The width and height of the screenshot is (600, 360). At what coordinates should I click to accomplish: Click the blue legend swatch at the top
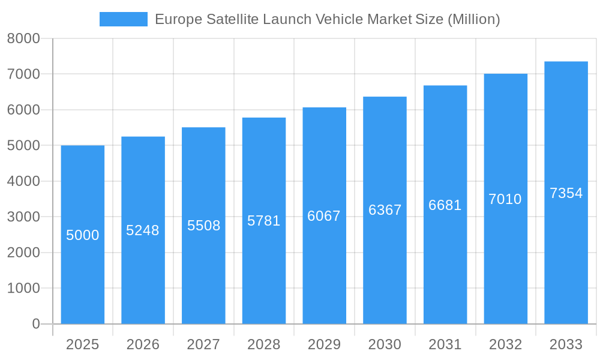123,19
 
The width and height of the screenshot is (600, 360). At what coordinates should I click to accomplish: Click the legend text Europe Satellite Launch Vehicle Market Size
327,19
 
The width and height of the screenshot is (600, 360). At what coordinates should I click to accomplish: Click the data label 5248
143,230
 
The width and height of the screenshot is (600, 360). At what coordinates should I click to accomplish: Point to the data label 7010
505,199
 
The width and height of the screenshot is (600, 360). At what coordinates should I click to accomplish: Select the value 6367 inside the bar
385,210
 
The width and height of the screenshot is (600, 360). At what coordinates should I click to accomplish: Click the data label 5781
263,221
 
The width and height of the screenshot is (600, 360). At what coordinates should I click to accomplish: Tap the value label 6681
445,205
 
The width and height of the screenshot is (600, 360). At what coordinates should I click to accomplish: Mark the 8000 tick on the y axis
23,38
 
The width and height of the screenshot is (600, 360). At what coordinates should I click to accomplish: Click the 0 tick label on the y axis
35,324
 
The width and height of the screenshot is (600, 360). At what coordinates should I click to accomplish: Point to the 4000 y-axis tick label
23,181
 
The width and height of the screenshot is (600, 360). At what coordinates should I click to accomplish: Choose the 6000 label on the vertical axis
23,110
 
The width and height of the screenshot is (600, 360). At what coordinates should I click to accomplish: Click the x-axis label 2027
203,344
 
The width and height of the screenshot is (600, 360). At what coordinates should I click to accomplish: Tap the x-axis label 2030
385,344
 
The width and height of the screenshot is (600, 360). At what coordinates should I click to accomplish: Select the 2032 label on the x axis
505,344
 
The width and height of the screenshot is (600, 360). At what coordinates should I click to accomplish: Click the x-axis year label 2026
143,344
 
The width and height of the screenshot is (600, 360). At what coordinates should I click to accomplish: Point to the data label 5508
203,226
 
